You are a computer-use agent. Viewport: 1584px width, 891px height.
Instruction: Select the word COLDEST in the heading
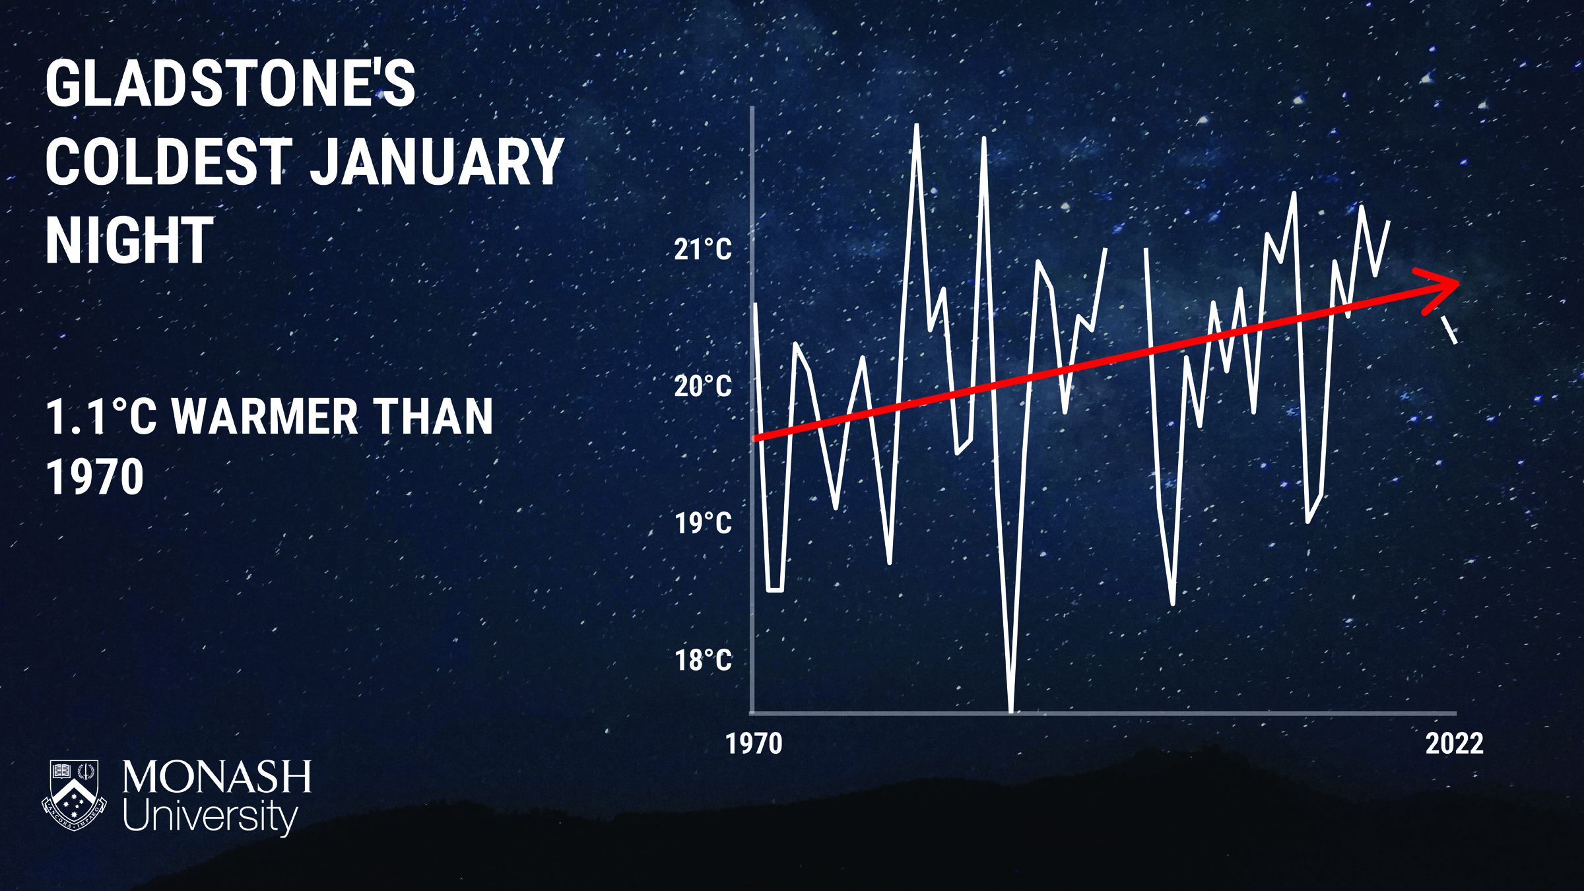pos(169,162)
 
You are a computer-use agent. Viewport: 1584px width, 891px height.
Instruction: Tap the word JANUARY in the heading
pos(436,162)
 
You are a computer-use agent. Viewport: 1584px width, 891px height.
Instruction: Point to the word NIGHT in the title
pos(129,240)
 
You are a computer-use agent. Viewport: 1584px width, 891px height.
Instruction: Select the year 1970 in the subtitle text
pos(95,477)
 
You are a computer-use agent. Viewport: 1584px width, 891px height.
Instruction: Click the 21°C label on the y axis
pos(703,249)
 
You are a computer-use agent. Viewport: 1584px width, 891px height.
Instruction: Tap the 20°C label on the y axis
pos(703,385)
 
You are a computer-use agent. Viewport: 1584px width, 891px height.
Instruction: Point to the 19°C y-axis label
pos(703,523)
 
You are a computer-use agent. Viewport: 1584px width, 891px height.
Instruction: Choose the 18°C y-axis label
pos(703,659)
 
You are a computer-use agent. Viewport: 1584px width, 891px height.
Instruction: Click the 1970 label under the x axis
pos(754,744)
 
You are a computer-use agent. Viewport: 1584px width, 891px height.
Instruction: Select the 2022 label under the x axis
pos(1455,744)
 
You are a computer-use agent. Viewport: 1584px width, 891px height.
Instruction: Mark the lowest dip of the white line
pos(1011,710)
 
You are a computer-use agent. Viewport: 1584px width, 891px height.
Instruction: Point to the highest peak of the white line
pos(916,125)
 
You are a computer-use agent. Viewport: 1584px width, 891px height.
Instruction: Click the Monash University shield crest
pos(74,795)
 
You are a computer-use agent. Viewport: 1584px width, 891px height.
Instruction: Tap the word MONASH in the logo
pos(216,777)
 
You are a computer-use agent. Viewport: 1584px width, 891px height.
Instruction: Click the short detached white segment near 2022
pos(1449,330)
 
